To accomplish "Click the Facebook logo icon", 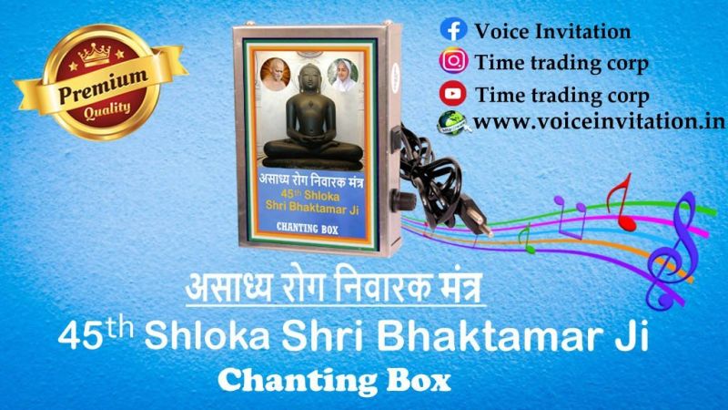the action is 453,30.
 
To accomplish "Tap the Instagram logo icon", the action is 453,61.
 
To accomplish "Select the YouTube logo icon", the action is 452,94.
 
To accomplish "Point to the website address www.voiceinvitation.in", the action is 600,122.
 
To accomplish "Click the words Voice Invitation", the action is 552,32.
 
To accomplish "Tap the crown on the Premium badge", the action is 95,54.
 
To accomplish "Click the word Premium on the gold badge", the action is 103,87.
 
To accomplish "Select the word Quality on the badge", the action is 107,110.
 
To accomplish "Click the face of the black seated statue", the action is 310,80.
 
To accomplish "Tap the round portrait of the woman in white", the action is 343,75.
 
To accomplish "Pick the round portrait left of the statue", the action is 276,74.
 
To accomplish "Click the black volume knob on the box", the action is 403,200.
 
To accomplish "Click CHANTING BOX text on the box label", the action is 308,229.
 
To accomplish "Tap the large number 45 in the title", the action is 81,336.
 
